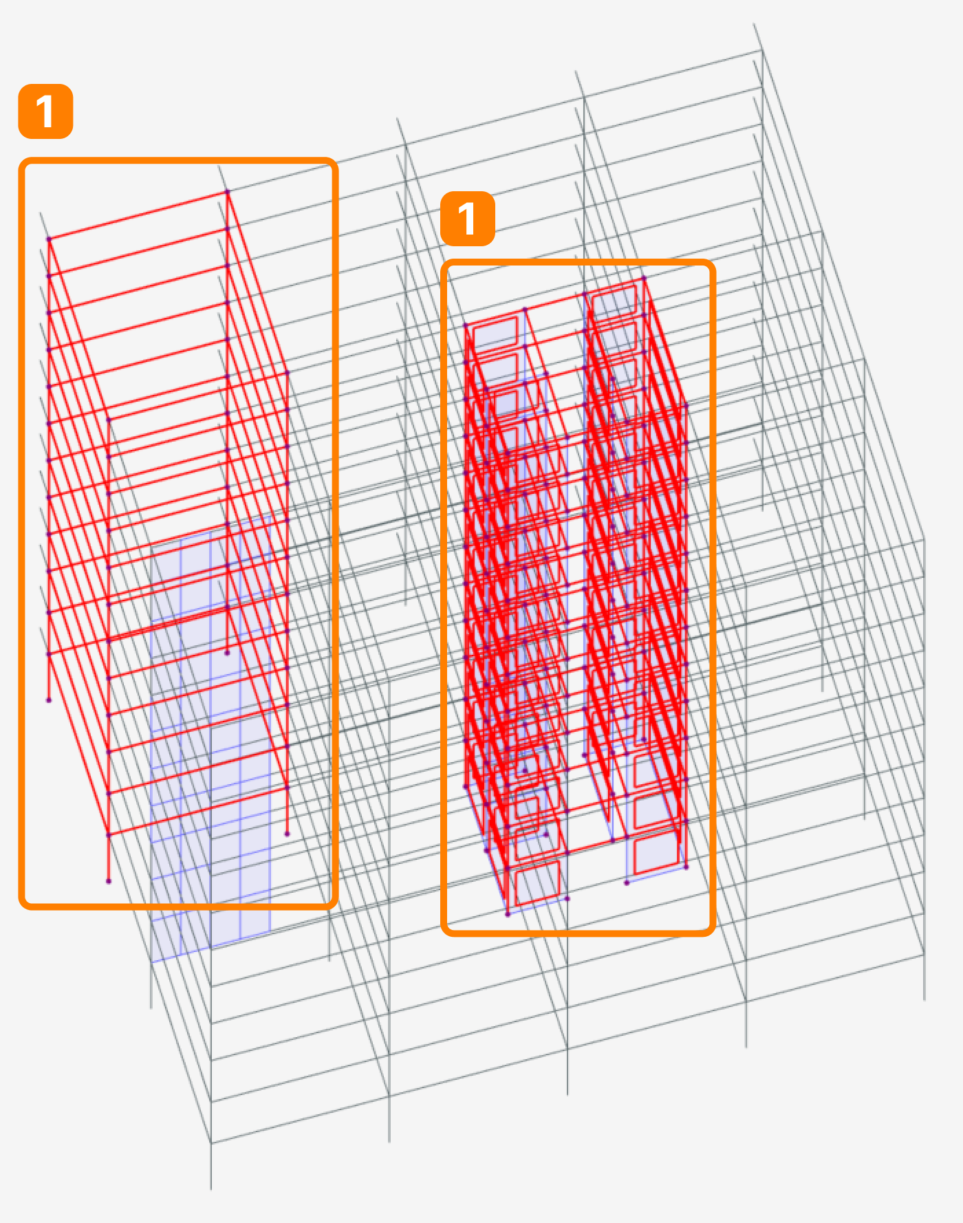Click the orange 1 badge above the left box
pos(45,111)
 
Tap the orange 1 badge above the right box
pos(467,219)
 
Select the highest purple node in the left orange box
pos(227,192)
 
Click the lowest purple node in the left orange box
pos(109,881)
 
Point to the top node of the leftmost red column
pos(49,239)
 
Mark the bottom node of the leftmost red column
pos(49,700)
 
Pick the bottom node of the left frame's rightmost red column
pos(287,834)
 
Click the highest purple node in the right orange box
pos(644,279)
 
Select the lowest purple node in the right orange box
pos(508,914)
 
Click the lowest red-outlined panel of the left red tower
pos(537,884)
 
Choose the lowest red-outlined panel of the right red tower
pos(655,854)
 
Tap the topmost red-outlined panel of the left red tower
pos(495,332)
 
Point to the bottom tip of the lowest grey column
pos(210,1189)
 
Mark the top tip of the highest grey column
pos(754,25)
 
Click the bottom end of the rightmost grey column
pos(924,999)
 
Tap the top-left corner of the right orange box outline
pos(444,264)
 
